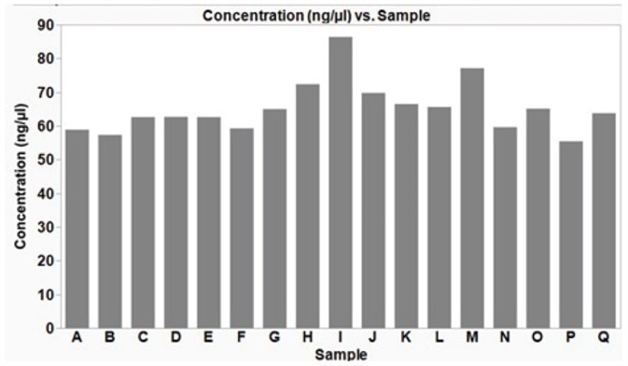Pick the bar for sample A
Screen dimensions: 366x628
click(x=77, y=229)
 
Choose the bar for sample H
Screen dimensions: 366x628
click(x=308, y=205)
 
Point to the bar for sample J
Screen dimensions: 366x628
click(x=373, y=210)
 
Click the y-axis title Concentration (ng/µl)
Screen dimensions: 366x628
click(x=20, y=176)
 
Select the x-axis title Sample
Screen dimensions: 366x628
click(x=341, y=356)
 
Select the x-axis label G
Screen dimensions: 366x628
click(x=274, y=339)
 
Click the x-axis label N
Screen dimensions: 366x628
click(x=505, y=339)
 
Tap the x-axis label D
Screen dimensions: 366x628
click(x=175, y=339)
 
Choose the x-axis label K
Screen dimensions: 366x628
click(x=406, y=339)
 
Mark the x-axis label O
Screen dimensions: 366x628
click(x=537, y=339)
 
